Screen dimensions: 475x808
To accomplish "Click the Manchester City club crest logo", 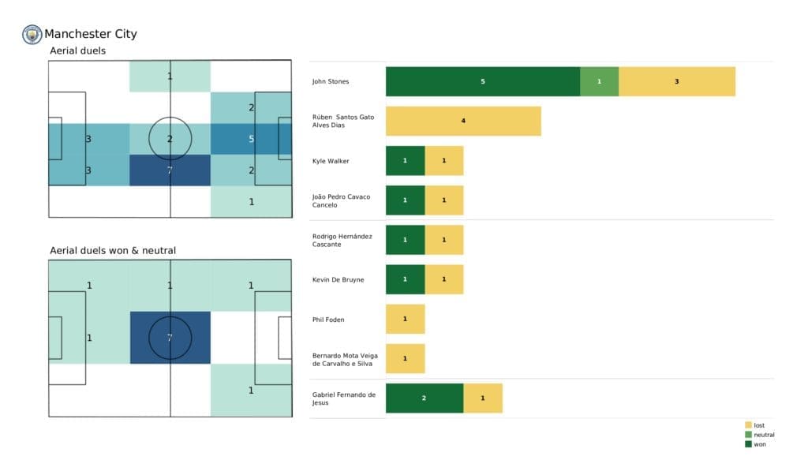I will click(x=32, y=34).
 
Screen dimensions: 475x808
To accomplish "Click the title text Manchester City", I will click(x=91, y=34).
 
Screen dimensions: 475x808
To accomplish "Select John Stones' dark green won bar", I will click(x=482, y=81).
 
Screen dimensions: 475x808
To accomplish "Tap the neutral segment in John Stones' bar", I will click(x=599, y=81).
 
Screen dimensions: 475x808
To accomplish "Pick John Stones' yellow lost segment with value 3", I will click(x=676, y=81).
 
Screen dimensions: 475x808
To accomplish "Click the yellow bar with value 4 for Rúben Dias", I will click(x=463, y=122).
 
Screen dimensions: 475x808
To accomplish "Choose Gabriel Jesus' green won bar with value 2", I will click(x=424, y=398).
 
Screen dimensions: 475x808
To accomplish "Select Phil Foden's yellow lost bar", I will click(x=405, y=319).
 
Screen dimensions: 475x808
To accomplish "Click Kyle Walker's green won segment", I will click(x=405, y=161).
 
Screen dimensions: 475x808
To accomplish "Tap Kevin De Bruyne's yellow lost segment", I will click(x=443, y=279).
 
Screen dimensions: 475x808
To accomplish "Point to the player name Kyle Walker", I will click(x=331, y=161).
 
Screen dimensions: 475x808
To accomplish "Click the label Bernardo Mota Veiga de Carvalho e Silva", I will click(x=345, y=360).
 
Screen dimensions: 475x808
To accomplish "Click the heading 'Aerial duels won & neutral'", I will click(x=113, y=251).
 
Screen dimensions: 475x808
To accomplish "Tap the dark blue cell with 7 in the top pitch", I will click(x=170, y=170).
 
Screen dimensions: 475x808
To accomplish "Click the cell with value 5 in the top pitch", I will click(x=251, y=140).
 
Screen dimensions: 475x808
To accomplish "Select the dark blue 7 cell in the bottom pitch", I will click(x=170, y=338).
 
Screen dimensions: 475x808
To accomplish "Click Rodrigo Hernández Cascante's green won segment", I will click(x=405, y=240).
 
